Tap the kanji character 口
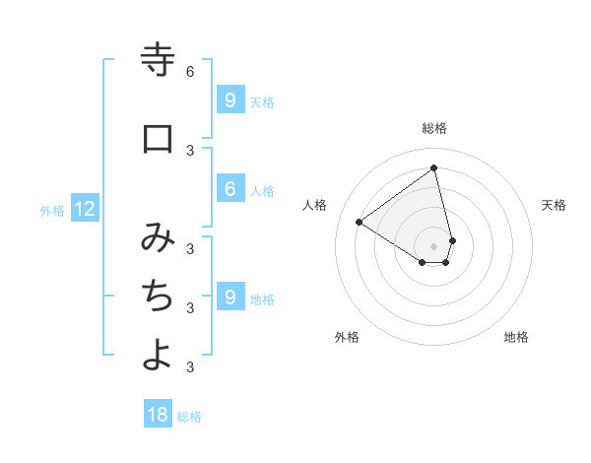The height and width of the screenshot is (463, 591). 158,139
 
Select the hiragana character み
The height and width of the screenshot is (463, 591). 158,238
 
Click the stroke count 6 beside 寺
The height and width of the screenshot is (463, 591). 190,72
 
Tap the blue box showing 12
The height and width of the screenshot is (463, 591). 85,208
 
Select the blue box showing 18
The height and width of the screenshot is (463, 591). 158,415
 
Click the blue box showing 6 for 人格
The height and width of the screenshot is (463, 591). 230,189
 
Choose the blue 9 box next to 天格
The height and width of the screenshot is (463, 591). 230,99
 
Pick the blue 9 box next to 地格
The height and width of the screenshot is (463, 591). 230,297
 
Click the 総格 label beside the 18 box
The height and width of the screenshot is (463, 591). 189,417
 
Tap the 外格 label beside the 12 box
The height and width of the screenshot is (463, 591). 51,210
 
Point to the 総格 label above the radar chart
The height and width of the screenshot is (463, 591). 434,128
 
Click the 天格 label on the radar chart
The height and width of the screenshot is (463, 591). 554,205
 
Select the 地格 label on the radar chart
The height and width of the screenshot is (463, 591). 516,337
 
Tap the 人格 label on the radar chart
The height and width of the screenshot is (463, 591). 315,205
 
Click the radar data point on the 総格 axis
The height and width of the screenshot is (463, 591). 434,168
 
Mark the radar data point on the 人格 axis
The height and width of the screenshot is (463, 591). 359,222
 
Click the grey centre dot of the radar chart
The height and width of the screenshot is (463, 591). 434,246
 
